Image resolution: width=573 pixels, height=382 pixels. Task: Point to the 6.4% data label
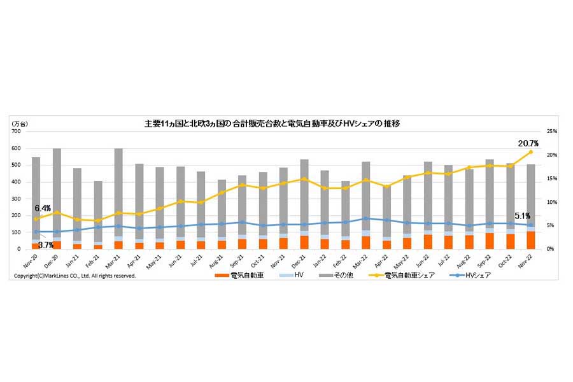click(43, 208)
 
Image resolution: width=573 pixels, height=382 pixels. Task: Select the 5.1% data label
click(522, 215)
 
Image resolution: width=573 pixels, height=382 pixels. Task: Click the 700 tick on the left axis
click(17, 131)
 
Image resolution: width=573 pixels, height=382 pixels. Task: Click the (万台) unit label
click(20, 123)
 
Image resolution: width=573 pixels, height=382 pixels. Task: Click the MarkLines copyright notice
click(75, 276)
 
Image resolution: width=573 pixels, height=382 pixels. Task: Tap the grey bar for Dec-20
click(57, 191)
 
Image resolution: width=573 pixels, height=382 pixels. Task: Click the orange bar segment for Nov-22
click(530, 240)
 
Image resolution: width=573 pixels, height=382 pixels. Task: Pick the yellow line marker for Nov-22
click(530, 152)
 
